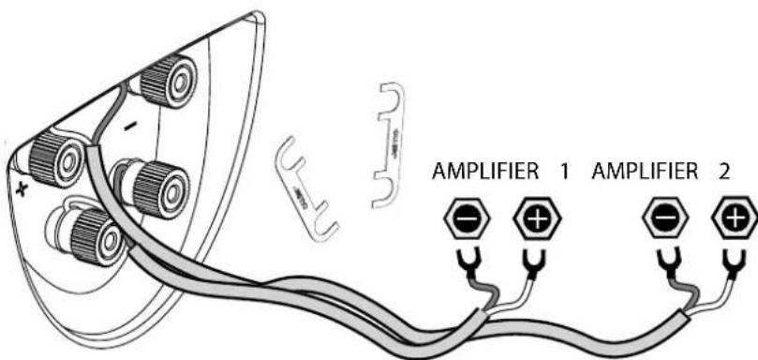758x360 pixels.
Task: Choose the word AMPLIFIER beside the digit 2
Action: pos(645,174)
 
